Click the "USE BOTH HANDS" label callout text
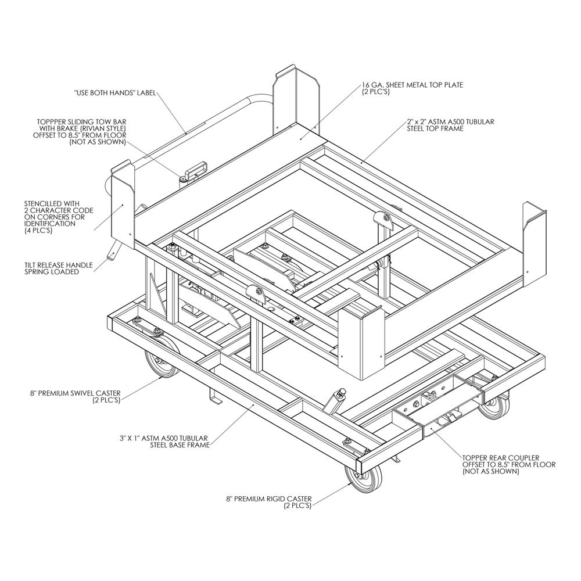[x=115, y=92]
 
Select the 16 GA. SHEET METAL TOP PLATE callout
[x=413, y=88]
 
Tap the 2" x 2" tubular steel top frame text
[x=451, y=125]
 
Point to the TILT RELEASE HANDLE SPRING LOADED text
[x=59, y=268]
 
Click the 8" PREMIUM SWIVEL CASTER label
[x=76, y=396]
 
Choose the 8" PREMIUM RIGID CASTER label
[x=269, y=503]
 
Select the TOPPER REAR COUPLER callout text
[x=509, y=465]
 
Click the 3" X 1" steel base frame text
[x=164, y=442]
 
